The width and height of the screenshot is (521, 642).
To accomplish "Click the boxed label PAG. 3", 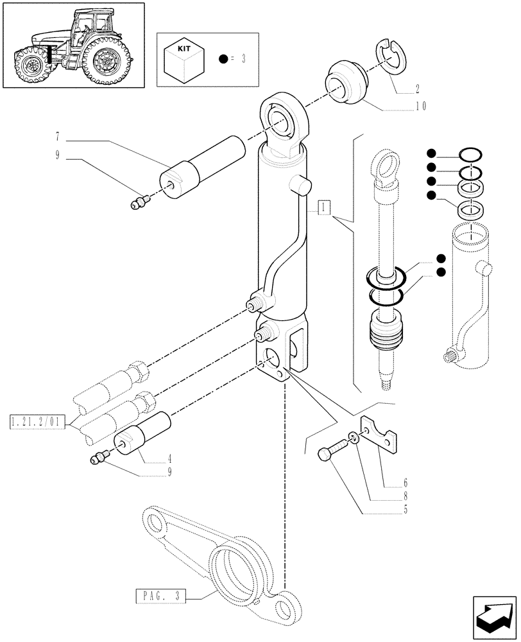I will click(160, 596).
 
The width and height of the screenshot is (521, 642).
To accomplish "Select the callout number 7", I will click(57, 137).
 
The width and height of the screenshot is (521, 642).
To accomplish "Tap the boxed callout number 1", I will click(324, 207).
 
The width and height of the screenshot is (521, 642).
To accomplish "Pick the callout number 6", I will click(388, 482).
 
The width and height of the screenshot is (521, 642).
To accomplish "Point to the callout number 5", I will click(388, 511).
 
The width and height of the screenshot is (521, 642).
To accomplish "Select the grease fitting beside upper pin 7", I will click(138, 203).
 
